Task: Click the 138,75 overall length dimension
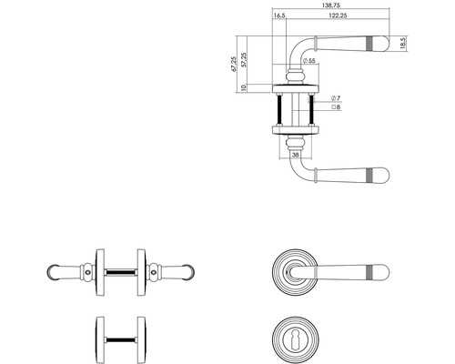click(331, 5)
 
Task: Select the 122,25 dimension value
click(338, 15)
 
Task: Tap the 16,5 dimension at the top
click(279, 15)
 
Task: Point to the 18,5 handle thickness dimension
click(402, 43)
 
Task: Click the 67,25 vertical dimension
click(233, 64)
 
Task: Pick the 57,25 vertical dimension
click(244, 60)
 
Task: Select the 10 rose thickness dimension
click(243, 88)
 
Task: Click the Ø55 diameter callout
click(308, 60)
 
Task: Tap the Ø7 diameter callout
click(336, 98)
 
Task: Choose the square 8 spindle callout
click(336, 107)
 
